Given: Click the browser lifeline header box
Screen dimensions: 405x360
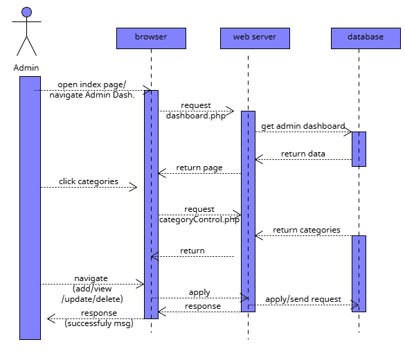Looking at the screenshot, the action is coord(151,38).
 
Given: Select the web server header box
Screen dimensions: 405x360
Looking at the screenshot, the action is coord(255,38).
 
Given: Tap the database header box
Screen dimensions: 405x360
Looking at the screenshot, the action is coord(366,38).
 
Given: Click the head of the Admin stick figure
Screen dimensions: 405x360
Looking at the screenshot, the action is coord(26,12).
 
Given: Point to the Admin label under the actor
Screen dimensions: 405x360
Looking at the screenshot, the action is coord(26,68).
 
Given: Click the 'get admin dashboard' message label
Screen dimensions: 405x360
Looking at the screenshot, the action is coord(303,126).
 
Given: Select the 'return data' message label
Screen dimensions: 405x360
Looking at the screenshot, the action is coord(303,154).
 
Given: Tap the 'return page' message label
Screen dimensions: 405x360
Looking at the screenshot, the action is coord(199,168).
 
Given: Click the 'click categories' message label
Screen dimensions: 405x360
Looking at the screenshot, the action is coord(89,181).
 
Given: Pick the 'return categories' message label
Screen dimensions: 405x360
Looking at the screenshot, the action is coord(307,230).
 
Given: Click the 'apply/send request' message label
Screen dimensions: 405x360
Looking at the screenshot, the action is coord(303,299).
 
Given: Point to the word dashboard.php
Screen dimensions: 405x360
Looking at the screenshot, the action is coord(196,116).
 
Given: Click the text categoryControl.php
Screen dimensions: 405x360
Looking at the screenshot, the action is coord(199,219).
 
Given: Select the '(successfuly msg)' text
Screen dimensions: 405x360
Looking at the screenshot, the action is coord(99,323).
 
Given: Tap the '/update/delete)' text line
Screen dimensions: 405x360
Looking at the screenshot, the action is coord(92,299).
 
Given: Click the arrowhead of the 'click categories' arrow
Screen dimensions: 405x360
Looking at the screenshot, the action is coord(134,187).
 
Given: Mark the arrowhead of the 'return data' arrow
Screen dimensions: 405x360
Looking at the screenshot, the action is coord(258,159).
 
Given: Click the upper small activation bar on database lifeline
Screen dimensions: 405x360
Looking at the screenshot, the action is coord(359,149).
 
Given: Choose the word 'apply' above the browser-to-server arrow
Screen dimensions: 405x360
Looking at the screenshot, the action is coord(199,293).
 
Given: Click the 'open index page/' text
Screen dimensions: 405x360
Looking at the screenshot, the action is coord(91,85).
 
